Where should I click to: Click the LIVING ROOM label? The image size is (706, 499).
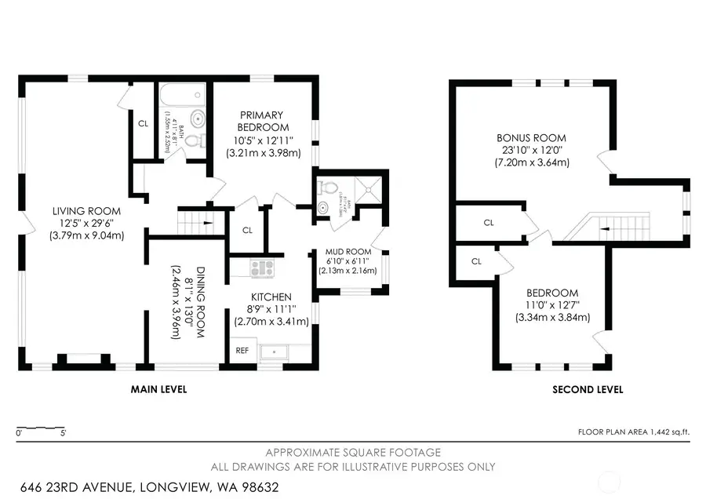click(x=86, y=211)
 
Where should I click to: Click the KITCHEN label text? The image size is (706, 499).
click(x=271, y=297)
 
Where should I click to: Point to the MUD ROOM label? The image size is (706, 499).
click(x=348, y=252)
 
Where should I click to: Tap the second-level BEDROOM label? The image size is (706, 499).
click(x=552, y=293)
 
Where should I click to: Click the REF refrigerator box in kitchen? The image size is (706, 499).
click(x=242, y=351)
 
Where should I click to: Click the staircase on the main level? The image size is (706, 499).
click(x=195, y=221)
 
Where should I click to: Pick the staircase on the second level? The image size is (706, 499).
click(x=616, y=228)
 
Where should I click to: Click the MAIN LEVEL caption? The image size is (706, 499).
click(x=158, y=389)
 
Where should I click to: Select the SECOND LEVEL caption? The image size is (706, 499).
click(x=588, y=389)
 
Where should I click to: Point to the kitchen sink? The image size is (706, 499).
click(x=275, y=351)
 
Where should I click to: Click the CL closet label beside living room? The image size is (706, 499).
click(x=143, y=123)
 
